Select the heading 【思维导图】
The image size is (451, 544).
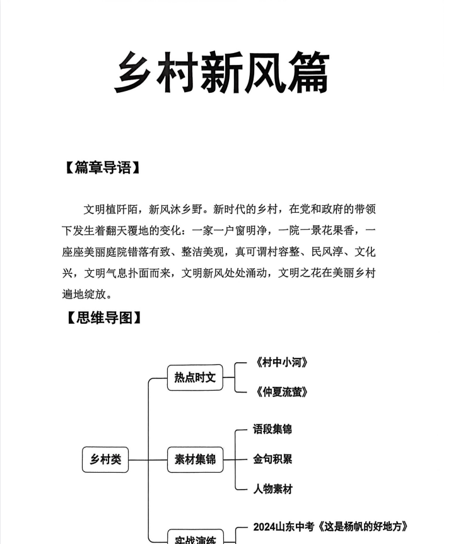(x=102, y=317)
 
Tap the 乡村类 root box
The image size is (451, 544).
(x=105, y=459)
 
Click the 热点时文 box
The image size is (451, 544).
(x=195, y=377)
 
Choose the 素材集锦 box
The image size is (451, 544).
(x=195, y=459)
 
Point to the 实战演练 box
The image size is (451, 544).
(x=195, y=538)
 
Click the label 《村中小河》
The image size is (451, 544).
(x=282, y=362)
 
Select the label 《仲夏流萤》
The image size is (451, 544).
(x=282, y=392)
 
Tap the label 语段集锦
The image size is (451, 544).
(x=272, y=429)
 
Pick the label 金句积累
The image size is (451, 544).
(x=272, y=459)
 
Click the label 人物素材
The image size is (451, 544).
(x=272, y=488)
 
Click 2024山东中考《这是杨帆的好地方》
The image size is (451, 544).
(x=331, y=526)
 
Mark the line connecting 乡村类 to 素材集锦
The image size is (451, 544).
(x=149, y=459)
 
